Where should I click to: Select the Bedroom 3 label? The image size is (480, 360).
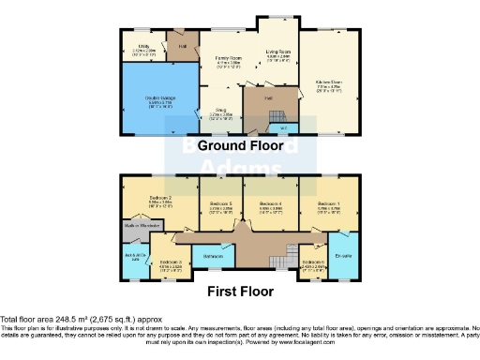click(x=169, y=262)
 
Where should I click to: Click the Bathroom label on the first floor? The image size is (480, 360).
click(x=214, y=254)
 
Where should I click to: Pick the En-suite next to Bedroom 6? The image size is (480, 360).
click(x=341, y=254)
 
